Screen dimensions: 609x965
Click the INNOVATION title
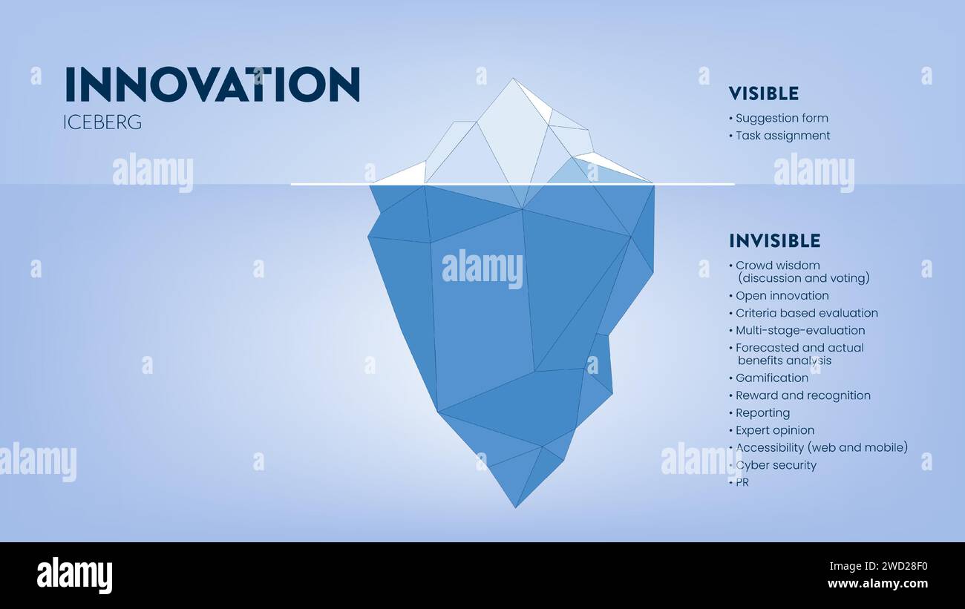click(x=212, y=85)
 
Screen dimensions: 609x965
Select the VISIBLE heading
click(x=763, y=93)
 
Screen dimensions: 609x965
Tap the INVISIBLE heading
click(x=774, y=240)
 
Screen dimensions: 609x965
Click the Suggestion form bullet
click(x=782, y=118)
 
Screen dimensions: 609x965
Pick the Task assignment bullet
click(x=782, y=136)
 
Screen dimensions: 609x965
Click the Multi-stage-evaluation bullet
click(x=800, y=330)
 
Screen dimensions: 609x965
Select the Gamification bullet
click(x=772, y=378)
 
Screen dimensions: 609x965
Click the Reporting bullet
click(x=762, y=413)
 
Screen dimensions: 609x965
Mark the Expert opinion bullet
click(x=775, y=430)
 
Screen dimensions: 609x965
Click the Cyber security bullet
click(x=776, y=465)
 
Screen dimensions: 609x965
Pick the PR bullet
click(x=742, y=483)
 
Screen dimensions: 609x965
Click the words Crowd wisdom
click(x=778, y=266)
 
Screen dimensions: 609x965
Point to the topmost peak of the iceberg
click(x=512, y=79)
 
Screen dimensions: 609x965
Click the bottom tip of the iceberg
click(x=515, y=507)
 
